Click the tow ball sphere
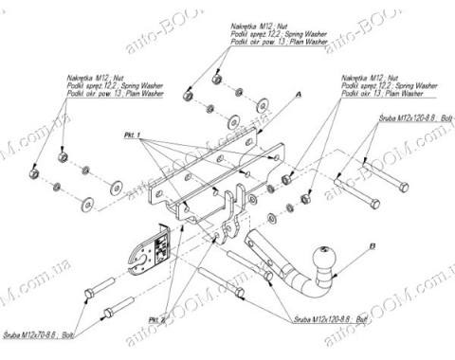[322, 257]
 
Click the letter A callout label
[297, 96]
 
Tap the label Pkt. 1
[132, 135]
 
